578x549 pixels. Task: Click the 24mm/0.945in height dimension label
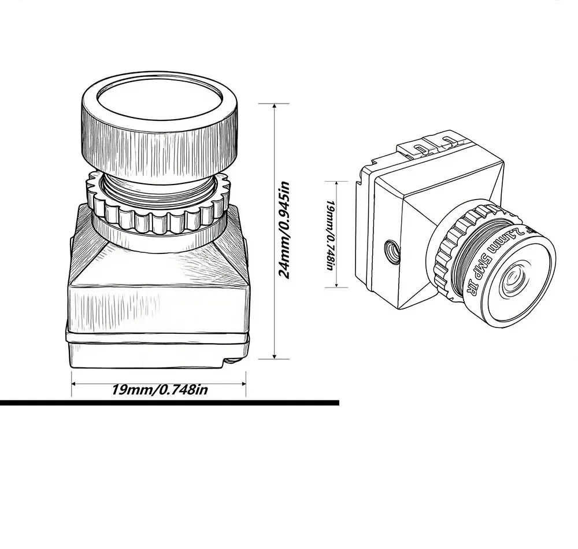click(284, 230)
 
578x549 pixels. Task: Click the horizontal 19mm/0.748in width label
click(160, 389)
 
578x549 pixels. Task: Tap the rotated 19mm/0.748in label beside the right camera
click(330, 235)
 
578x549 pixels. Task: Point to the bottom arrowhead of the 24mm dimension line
click(274, 356)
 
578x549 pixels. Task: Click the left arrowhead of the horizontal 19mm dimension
click(74, 384)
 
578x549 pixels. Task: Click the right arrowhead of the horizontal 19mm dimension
click(243, 384)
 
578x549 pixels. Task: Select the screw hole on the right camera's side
click(392, 252)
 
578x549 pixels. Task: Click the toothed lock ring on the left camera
click(159, 207)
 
